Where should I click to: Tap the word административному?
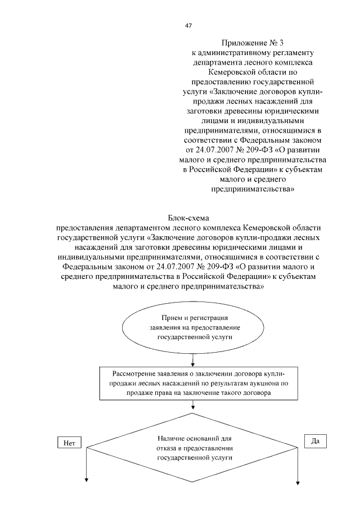(235, 52)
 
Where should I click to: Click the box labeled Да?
(315, 442)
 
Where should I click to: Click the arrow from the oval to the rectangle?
(193, 359)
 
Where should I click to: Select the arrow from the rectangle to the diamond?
(193, 407)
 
